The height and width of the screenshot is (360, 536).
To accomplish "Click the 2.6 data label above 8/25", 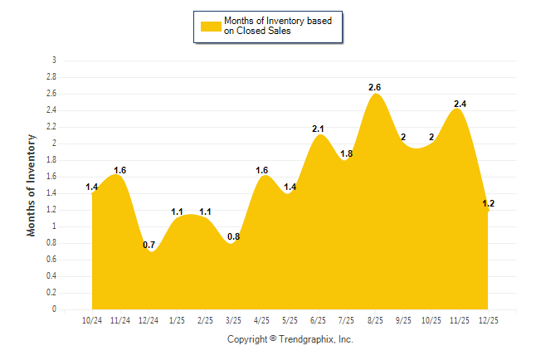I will (x=375, y=87).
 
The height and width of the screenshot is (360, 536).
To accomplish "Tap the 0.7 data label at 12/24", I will (x=149, y=245).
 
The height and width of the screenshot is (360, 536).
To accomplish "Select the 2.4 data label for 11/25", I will (x=460, y=104).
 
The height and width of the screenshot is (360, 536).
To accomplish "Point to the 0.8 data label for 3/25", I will (x=233, y=236).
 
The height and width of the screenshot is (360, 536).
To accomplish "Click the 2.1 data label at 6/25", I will (x=319, y=129).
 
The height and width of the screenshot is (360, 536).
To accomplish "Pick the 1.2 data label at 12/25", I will (x=488, y=203).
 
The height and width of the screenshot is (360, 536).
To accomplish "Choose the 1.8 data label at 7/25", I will (x=347, y=153).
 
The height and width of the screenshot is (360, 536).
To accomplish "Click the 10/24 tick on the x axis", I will (x=92, y=319).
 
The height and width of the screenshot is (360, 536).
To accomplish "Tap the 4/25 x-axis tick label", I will (x=261, y=319).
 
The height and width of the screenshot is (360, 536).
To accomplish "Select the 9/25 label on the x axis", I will (x=402, y=319).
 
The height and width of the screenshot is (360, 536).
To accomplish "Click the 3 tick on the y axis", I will (x=54, y=61).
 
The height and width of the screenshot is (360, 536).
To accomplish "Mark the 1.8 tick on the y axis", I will (x=51, y=160).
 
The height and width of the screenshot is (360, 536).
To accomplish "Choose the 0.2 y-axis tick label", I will (x=51, y=293).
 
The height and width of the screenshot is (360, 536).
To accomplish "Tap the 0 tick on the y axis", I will (x=54, y=309).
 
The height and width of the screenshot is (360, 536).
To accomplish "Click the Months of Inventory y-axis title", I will (x=32, y=184).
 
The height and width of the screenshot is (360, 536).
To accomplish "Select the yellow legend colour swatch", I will (x=211, y=26).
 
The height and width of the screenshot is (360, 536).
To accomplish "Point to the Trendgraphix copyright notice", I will (x=290, y=339).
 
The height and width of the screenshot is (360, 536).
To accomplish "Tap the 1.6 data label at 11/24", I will (x=120, y=170).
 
